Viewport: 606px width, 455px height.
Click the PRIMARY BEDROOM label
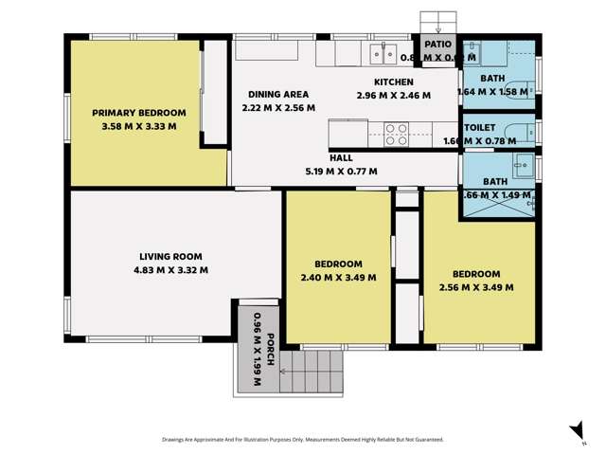pos(138,112)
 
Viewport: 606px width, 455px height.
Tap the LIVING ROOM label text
pos(171,256)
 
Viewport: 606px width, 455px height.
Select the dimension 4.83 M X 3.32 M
pos(171,269)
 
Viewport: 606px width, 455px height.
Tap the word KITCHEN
pos(393,82)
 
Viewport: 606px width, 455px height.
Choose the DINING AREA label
pos(278,95)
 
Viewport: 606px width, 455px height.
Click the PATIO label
pos(437,44)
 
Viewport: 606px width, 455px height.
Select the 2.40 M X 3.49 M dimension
pos(339,278)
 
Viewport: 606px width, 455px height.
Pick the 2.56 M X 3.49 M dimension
pos(476,286)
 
